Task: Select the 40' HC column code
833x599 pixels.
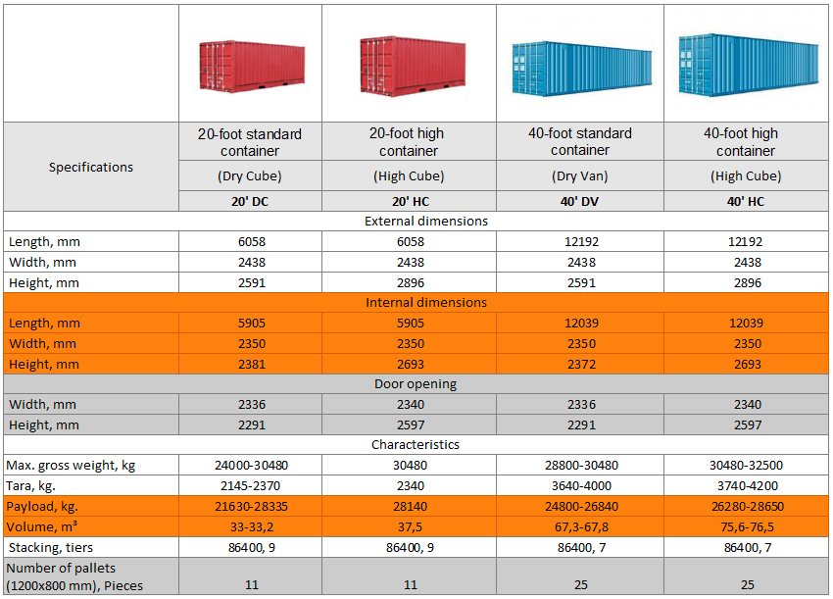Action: click(x=746, y=200)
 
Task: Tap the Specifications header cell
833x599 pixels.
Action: click(x=91, y=167)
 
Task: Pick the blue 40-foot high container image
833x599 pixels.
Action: click(x=748, y=64)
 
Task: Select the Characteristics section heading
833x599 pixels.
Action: click(x=416, y=444)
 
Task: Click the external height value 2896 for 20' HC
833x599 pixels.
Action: click(x=410, y=282)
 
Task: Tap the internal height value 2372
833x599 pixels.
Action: click(x=580, y=364)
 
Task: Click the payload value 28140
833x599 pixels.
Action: click(x=410, y=506)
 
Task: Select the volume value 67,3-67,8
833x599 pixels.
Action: click(x=580, y=526)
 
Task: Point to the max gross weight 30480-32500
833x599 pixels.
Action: click(x=746, y=465)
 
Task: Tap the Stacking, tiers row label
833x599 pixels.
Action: click(x=51, y=547)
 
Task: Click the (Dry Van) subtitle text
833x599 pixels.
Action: click(x=580, y=176)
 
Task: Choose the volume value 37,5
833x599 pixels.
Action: click(x=410, y=526)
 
